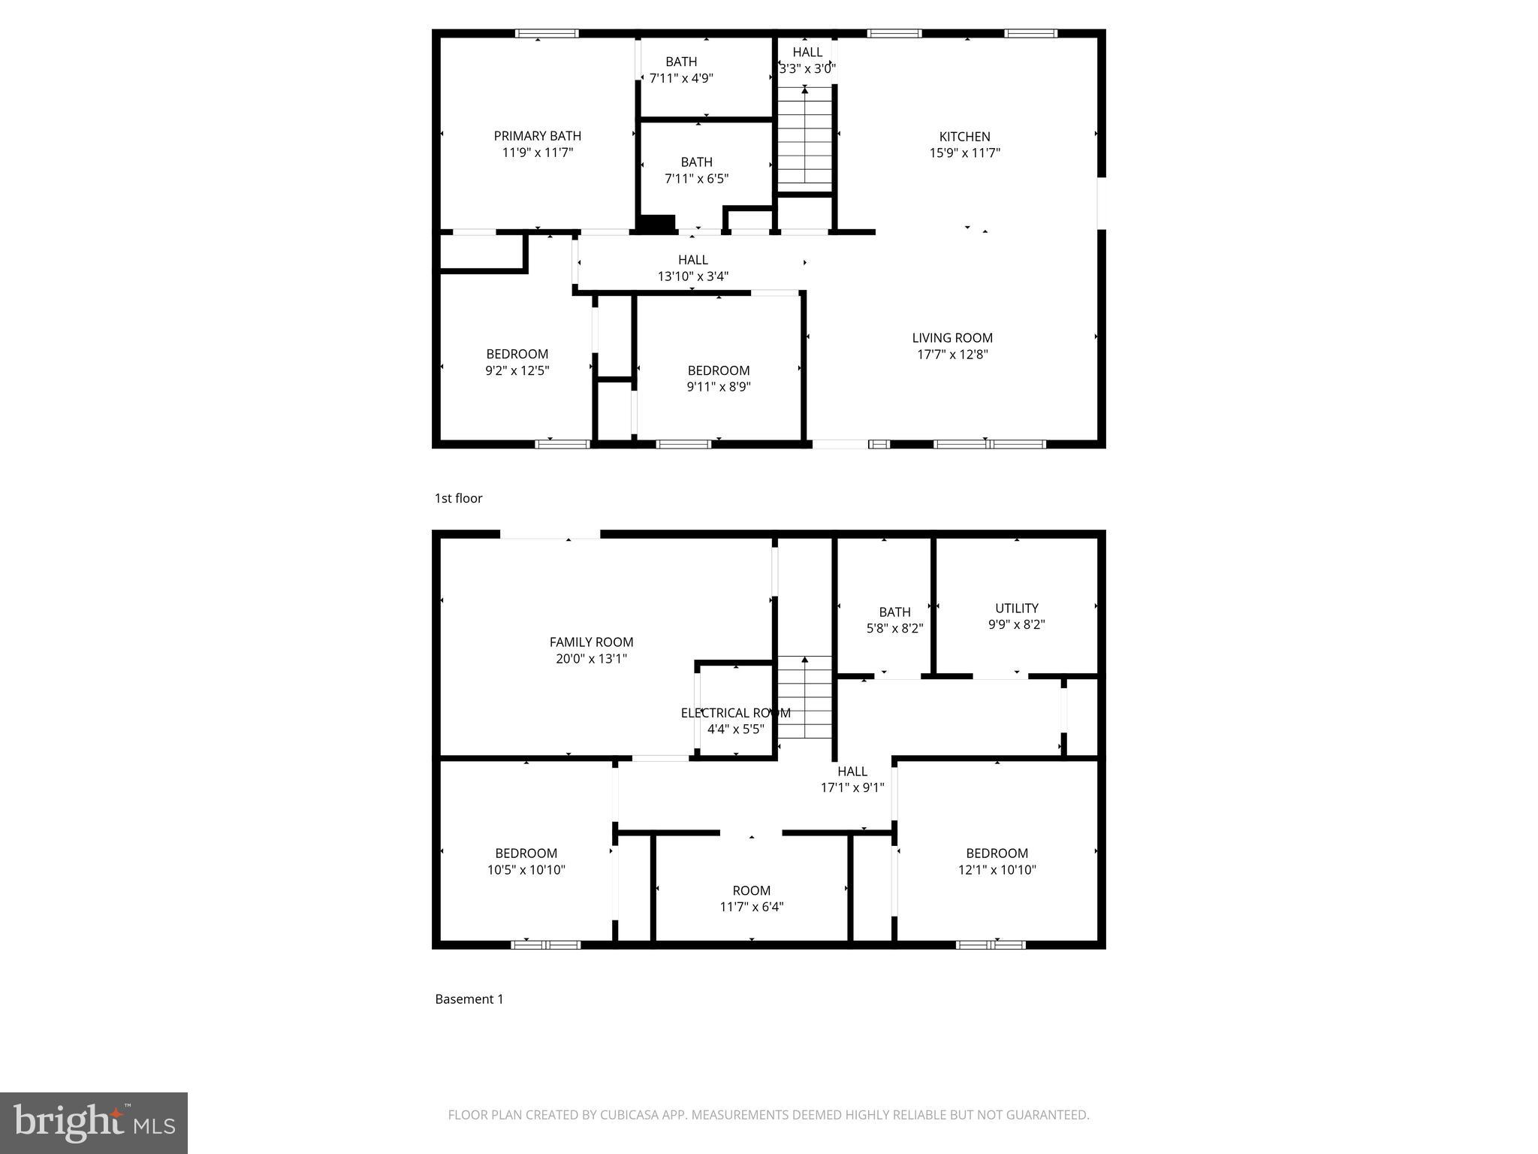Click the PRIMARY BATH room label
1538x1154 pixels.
pos(537,137)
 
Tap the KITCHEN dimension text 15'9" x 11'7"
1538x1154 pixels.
pos(964,153)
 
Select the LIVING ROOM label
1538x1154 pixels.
pos(952,338)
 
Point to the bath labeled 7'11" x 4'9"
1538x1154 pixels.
pos(681,70)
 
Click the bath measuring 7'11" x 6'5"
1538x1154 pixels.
pos(696,171)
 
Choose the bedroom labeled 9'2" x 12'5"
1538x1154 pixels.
pos(517,362)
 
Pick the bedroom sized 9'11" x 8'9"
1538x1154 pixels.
pos(719,379)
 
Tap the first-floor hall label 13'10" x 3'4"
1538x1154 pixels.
pos(692,268)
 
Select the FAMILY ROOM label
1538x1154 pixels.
pos(591,642)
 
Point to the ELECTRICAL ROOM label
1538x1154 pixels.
pos(735,713)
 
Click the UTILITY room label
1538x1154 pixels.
pos(1017,609)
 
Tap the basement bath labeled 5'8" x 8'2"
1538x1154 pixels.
pos(894,620)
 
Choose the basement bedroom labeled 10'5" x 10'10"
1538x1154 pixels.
pos(526,862)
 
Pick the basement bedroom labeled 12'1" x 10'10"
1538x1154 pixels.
pos(997,862)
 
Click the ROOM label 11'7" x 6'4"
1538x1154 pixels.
pos(751,899)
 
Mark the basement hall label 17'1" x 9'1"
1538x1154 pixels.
pos(852,779)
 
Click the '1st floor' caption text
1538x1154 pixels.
pos(458,498)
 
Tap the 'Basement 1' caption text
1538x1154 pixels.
pos(469,999)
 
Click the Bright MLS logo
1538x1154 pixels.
pos(94,1122)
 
